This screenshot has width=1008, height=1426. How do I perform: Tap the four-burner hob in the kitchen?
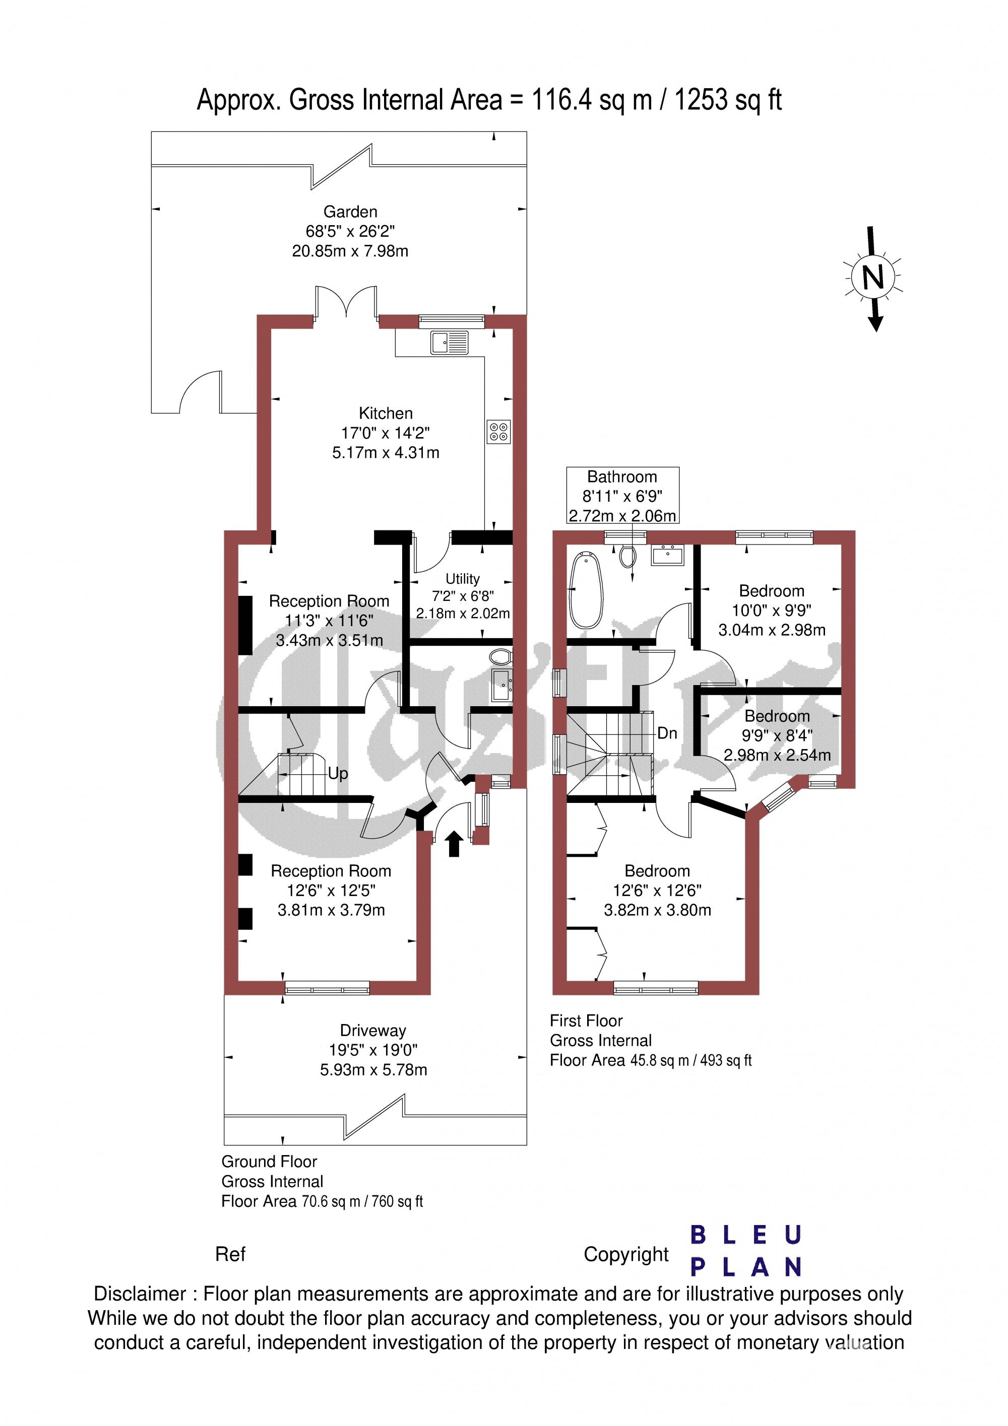[498, 432]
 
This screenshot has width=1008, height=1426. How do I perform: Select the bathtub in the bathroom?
[586, 589]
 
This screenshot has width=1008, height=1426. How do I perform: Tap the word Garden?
[350, 212]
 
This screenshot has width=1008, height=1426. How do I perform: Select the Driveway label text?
[373, 1031]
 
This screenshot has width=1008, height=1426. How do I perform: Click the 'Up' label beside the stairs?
[338, 774]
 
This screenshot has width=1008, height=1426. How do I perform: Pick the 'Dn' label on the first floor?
[667, 733]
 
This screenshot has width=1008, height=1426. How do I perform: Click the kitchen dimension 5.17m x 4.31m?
[385, 452]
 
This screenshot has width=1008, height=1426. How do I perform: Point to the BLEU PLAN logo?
[746, 1251]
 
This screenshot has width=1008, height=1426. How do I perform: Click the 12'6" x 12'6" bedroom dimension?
[657, 891]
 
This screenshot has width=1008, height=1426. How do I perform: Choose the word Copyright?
[626, 1255]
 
